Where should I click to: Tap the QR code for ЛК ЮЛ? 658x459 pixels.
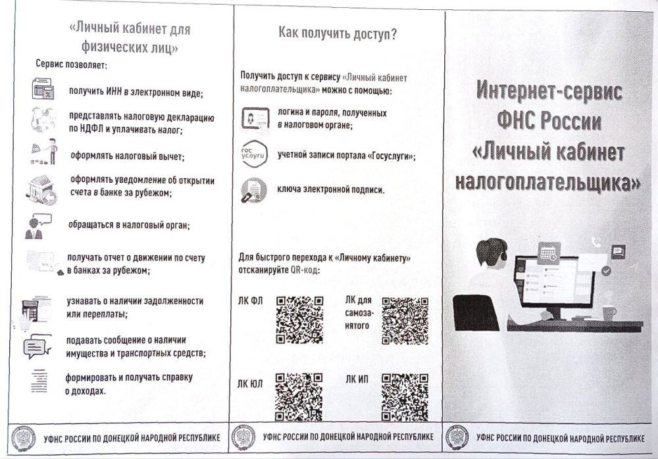[x=298, y=397]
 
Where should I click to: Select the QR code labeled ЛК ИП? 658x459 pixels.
[x=405, y=397]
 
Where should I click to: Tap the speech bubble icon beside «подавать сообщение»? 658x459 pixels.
[x=37, y=346]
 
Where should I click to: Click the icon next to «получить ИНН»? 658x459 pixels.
[x=43, y=89]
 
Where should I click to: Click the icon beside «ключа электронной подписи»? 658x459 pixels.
[x=252, y=190]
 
